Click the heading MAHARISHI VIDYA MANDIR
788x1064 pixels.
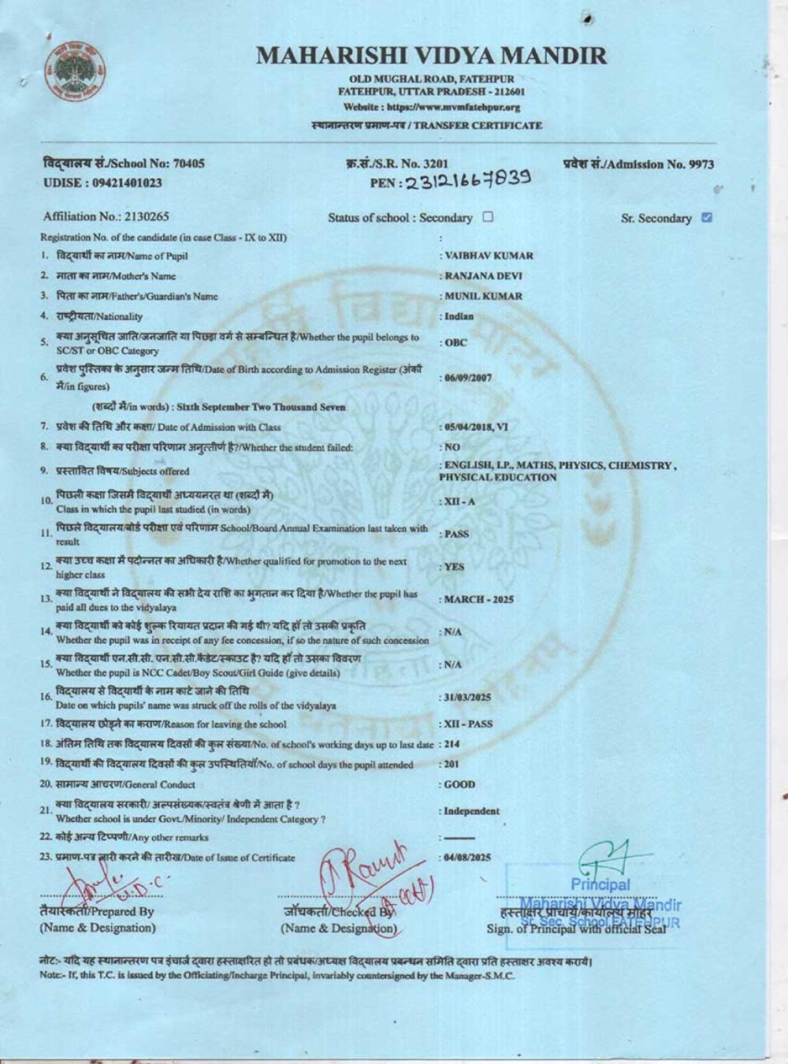(x=432, y=55)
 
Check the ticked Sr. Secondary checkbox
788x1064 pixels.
(x=706, y=218)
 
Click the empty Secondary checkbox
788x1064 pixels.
(x=488, y=217)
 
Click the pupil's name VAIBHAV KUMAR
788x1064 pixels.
(x=489, y=255)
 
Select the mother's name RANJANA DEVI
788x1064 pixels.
(x=483, y=276)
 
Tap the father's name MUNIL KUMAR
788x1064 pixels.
(x=483, y=296)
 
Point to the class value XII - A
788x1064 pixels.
(x=459, y=501)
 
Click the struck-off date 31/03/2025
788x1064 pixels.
(x=467, y=698)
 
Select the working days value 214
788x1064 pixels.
(x=452, y=744)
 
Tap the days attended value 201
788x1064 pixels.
(x=452, y=765)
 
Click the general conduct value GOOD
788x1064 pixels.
(x=459, y=785)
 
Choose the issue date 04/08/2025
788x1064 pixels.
(x=467, y=858)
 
